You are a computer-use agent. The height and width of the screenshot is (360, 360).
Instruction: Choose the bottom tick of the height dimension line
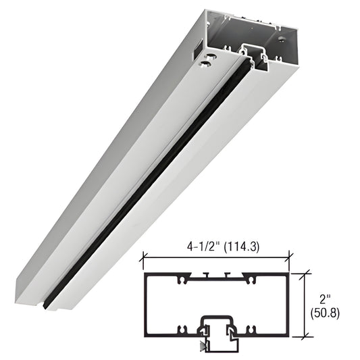[307, 335]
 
